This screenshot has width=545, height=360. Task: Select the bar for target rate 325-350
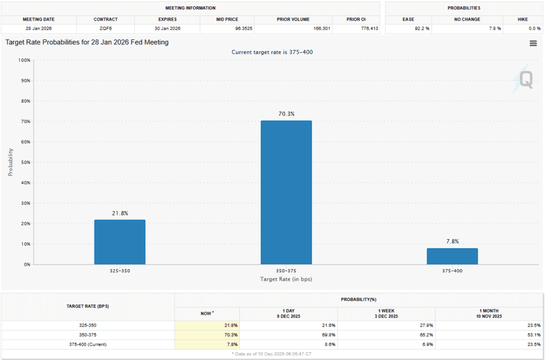click(x=120, y=242)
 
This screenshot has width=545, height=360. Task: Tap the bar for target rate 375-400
click(x=452, y=256)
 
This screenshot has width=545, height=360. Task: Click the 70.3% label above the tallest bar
click(x=286, y=114)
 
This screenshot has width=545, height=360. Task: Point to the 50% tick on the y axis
click(x=24, y=163)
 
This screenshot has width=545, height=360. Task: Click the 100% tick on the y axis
click(x=23, y=61)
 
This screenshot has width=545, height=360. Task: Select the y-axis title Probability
click(x=10, y=162)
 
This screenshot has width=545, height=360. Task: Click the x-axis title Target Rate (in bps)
click(x=286, y=279)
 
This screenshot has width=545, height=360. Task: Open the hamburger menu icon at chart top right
click(x=533, y=44)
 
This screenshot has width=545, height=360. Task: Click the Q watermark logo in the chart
click(x=525, y=80)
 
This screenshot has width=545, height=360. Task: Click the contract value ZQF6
click(x=105, y=28)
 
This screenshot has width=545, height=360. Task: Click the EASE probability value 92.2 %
click(x=420, y=28)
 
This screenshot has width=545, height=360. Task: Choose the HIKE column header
click(x=523, y=20)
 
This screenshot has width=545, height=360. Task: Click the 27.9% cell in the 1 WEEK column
click(x=426, y=325)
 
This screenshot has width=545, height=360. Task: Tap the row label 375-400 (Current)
click(x=88, y=345)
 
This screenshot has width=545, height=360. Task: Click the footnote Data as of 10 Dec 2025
click(x=272, y=354)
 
